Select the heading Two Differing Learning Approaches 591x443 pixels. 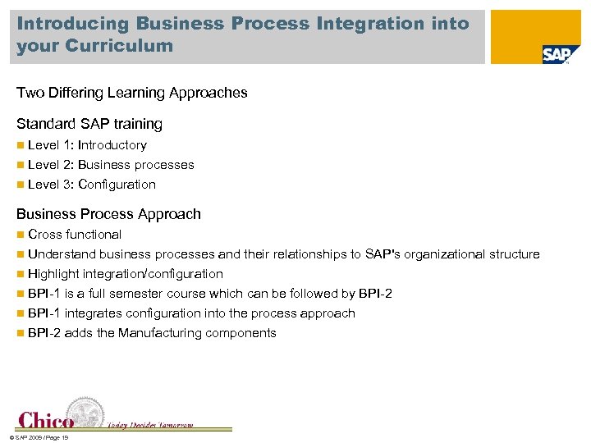click(131, 93)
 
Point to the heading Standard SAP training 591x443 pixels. click(89, 125)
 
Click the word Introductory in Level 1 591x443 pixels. click(112, 145)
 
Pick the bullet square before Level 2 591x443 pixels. click(21, 165)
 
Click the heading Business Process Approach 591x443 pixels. click(108, 214)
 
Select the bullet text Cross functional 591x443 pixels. click(75, 235)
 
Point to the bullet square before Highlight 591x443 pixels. click(21, 274)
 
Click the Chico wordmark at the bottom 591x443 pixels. click(47, 421)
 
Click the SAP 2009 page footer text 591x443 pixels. click(37, 437)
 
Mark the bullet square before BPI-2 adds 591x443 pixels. click(21, 333)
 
